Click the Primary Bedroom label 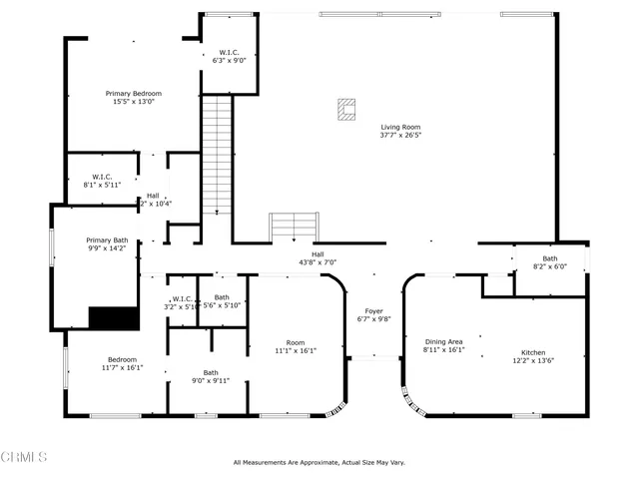click(133, 93)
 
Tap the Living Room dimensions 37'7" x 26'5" click(400, 136)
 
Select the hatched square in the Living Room click(346, 109)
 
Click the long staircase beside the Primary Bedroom click(217, 155)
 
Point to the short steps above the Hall click(294, 227)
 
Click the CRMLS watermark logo click(25, 457)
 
